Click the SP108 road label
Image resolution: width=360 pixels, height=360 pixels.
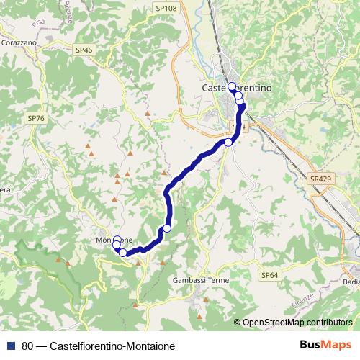[x=166, y=8]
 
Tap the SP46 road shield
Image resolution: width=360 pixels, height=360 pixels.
[x=84, y=50]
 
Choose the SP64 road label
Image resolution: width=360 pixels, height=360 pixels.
[x=269, y=275]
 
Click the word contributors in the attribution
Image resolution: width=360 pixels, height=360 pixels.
[x=328, y=322]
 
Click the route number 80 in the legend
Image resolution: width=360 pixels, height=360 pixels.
[x=27, y=346]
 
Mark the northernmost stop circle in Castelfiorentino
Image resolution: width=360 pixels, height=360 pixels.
[x=232, y=86]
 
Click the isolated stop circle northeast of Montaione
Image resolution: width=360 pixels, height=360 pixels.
[x=167, y=228]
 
